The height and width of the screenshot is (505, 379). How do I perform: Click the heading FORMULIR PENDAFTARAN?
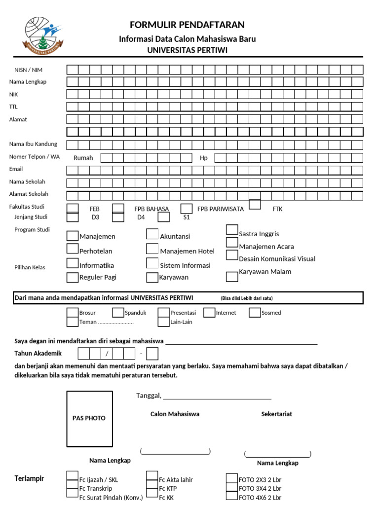click(187, 25)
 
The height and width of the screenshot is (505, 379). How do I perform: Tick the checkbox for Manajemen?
click(73, 236)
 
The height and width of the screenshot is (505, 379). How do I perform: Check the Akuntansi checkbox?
click(152, 234)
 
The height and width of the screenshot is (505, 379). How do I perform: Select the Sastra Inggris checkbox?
click(232, 229)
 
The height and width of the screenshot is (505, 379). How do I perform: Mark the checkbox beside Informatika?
click(73, 264)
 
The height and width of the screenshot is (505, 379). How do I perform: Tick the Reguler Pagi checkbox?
click(73, 277)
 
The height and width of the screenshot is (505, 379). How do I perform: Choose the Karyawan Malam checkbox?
click(232, 277)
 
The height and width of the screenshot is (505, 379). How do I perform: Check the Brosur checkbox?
click(73, 312)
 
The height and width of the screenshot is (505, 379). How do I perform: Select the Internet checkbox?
click(209, 312)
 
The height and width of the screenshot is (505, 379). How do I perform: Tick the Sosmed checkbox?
click(255, 312)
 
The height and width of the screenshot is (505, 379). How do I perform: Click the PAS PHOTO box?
click(89, 418)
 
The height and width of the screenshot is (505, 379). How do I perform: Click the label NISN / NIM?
click(29, 70)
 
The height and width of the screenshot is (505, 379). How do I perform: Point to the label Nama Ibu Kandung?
click(33, 144)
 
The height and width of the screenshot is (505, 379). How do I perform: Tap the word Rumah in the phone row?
click(83, 158)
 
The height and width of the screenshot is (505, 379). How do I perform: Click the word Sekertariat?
click(276, 414)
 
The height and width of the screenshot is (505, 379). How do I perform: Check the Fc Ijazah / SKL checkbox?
click(73, 476)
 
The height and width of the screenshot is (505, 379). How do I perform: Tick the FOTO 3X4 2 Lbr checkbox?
click(232, 488)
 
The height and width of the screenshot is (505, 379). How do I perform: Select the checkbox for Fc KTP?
click(152, 488)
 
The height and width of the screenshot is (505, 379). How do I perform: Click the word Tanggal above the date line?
click(148, 396)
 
